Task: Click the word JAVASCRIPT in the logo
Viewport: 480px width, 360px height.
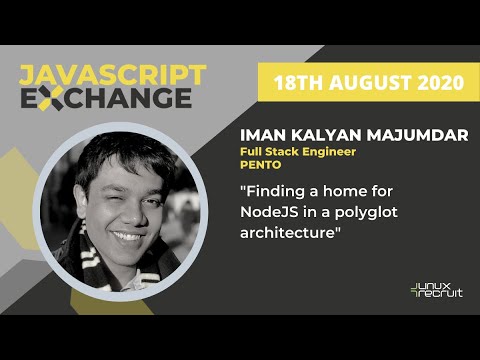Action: tap(112, 75)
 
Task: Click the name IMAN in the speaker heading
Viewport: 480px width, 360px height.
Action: tap(263, 134)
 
